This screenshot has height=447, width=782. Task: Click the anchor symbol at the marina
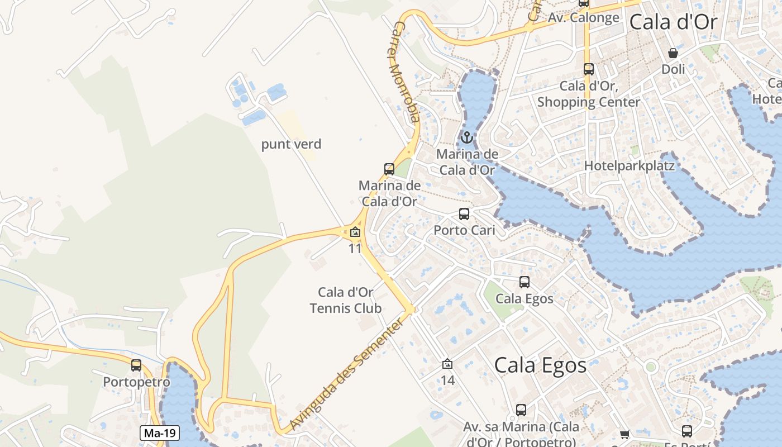[467, 137]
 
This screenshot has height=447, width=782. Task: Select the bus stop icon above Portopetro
[136, 365]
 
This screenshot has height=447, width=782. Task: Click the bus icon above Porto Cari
[464, 213]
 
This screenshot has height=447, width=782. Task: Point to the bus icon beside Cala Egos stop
[524, 282]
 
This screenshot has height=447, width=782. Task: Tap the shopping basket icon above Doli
[673, 53]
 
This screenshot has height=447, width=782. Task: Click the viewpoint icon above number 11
[355, 232]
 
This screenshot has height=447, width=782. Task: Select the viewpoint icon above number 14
[447, 364]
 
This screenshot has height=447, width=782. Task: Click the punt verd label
[292, 144]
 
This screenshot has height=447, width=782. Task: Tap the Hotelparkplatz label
[630, 166]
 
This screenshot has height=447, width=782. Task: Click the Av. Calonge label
[584, 18]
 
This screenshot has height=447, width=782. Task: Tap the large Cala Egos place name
[541, 365]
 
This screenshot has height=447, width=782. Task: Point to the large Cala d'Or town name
[673, 22]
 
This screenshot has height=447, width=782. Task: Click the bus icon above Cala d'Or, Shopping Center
[588, 69]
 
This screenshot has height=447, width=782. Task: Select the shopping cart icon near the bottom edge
[625, 434]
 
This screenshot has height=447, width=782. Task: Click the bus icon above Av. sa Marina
[521, 410]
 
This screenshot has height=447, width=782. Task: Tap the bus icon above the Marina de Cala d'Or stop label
[389, 169]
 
